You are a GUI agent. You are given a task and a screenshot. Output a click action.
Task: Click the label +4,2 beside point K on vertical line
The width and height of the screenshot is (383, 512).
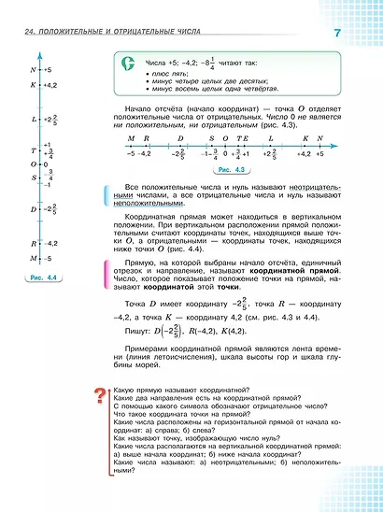(x=51, y=84)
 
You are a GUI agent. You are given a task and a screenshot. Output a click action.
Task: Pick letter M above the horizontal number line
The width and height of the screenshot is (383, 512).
(x=131, y=137)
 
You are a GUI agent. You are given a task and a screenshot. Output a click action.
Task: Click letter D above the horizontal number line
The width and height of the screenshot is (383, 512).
(x=179, y=137)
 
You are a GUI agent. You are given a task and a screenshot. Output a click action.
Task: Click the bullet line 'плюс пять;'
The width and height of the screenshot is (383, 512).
(x=173, y=72)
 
